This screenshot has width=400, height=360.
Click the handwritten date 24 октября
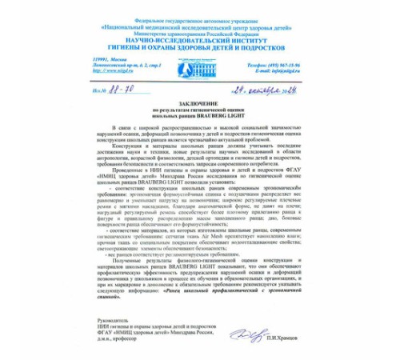pos(264,87)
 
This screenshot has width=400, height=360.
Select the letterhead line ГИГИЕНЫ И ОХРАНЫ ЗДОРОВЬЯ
pos(201,44)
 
